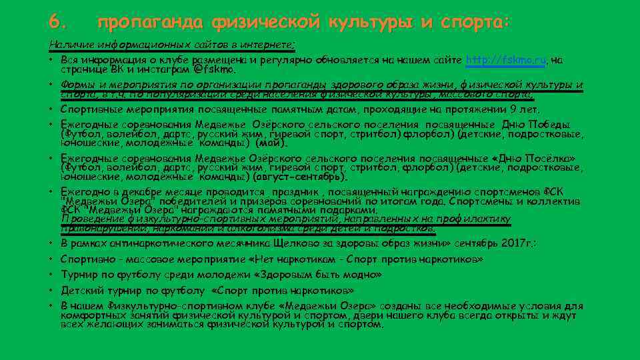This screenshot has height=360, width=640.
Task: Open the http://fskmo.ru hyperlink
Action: coord(506,60)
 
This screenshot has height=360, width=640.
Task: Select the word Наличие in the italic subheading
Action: coord(66,45)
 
